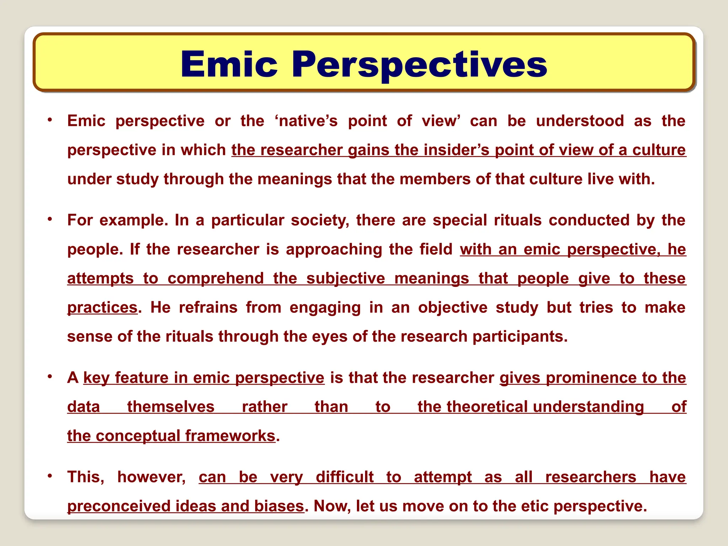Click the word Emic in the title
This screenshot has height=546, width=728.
coord(229,64)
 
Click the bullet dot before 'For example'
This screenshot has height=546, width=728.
coord(50,219)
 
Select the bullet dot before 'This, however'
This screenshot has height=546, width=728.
coord(50,476)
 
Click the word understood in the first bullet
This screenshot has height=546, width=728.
coord(580,121)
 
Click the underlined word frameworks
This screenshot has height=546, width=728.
coord(230,436)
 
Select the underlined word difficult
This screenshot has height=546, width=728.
coord(344,477)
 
